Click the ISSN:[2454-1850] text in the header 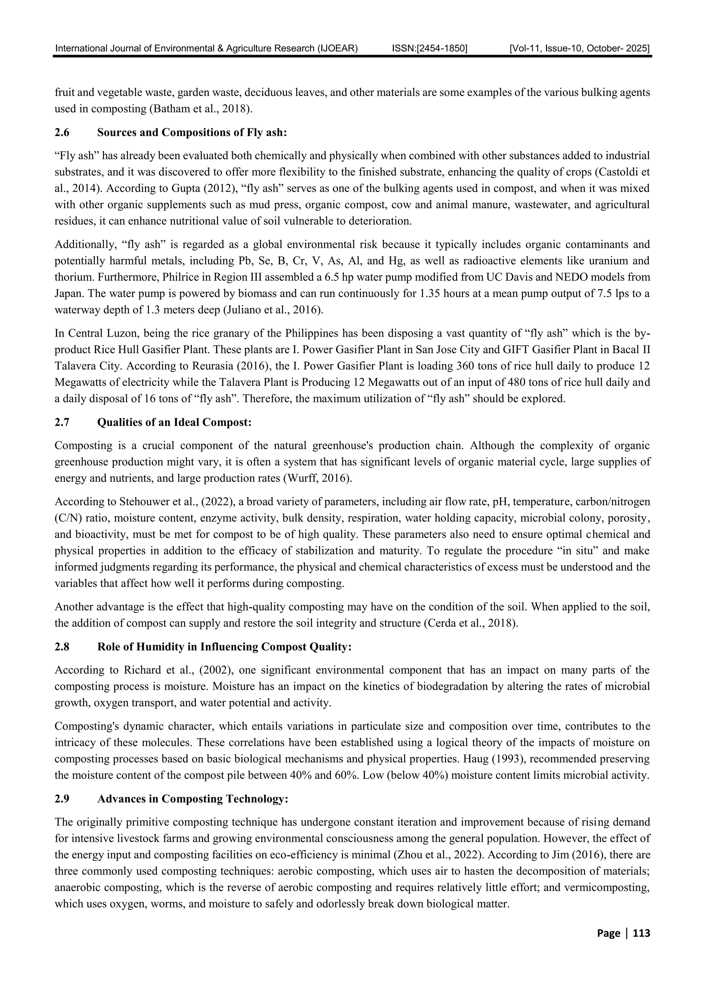429,49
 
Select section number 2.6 62,132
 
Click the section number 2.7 62,423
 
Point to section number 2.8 62,647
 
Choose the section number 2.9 62,799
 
